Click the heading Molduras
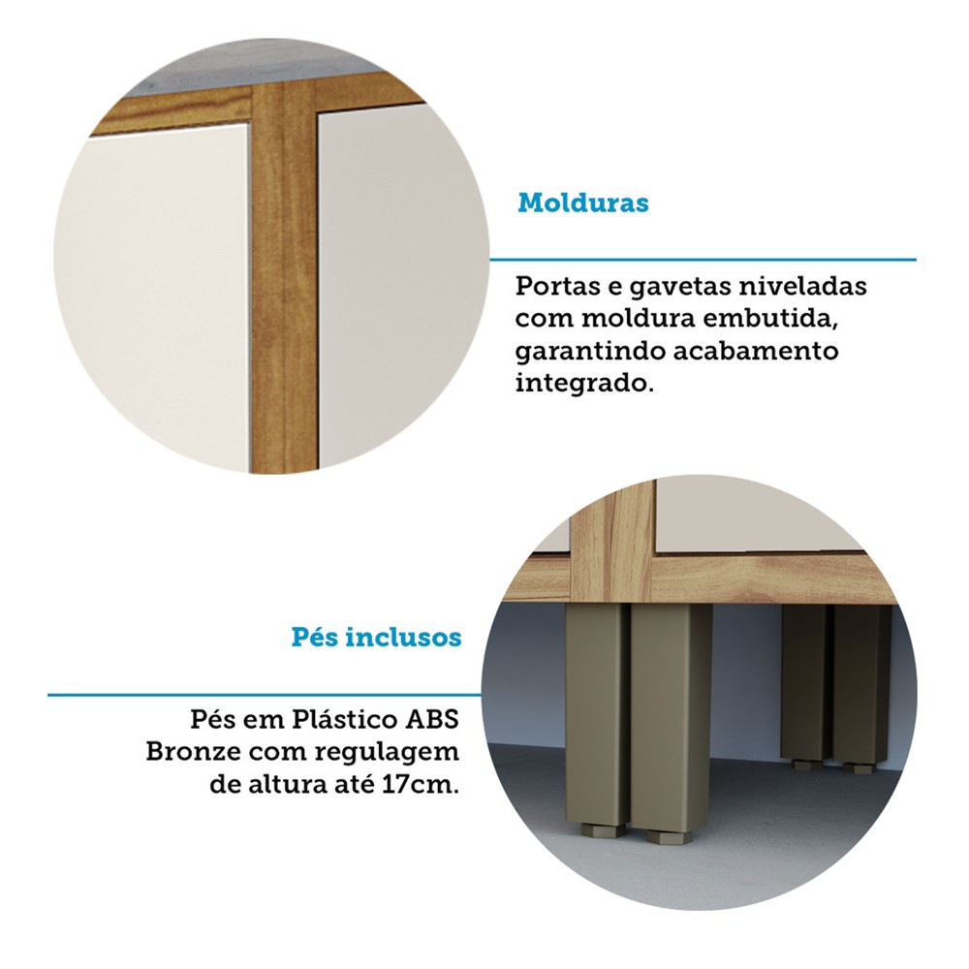tap(583, 203)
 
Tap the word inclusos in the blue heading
tap(403, 637)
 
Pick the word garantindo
tap(589, 352)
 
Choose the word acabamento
tap(756, 351)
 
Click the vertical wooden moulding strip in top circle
tap(284, 278)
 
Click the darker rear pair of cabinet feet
tap(835, 686)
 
